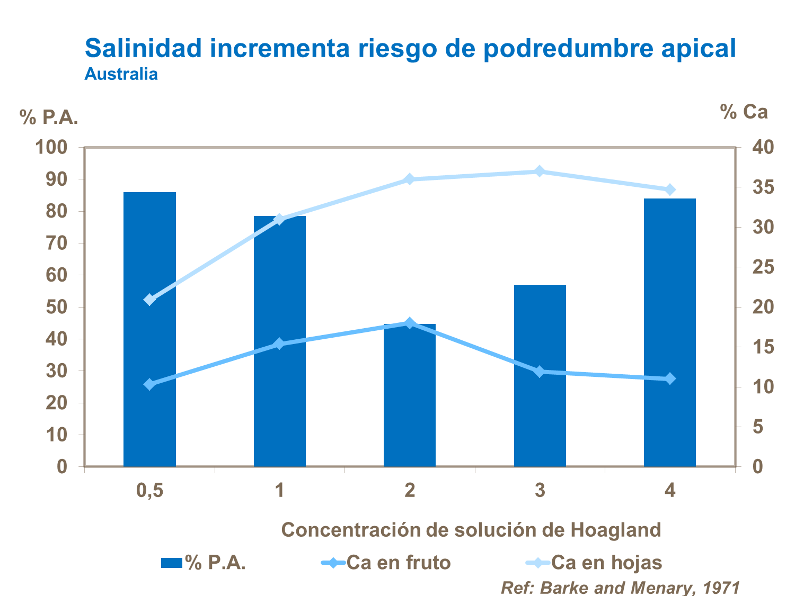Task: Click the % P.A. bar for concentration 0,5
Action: tap(149, 329)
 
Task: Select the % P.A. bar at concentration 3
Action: tap(540, 375)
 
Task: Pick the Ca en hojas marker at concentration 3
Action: tap(540, 171)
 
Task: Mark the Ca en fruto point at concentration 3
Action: tap(540, 372)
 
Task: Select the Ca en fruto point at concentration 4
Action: tap(670, 378)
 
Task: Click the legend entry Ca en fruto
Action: tap(398, 562)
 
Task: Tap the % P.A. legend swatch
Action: tap(172, 563)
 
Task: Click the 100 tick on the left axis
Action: tap(51, 147)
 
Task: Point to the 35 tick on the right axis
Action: tap(763, 187)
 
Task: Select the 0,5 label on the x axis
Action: tap(149, 490)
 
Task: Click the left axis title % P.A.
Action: tap(49, 118)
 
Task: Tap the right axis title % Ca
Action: tap(744, 112)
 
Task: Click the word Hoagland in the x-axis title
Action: tap(615, 530)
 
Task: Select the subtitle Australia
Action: tap(121, 74)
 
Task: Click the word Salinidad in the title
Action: tap(144, 48)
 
